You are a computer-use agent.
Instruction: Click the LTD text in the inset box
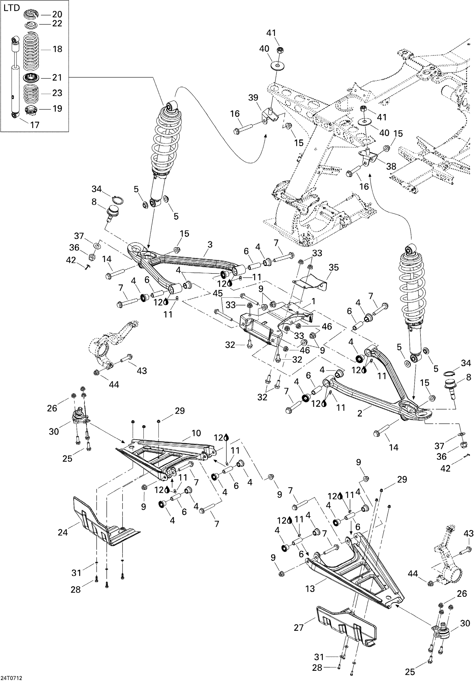[11, 8]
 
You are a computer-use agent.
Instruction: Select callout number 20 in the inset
[57, 14]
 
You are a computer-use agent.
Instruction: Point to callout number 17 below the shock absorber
[35, 125]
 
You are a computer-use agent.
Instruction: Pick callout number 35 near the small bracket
[334, 267]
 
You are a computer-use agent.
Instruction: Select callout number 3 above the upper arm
[210, 245]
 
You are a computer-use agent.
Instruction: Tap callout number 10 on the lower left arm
[196, 433]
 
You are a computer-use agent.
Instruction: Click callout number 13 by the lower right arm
[310, 588]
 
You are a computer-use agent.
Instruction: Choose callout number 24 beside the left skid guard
[63, 532]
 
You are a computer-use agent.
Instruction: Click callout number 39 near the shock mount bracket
[253, 98]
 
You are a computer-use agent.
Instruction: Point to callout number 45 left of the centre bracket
[217, 293]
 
